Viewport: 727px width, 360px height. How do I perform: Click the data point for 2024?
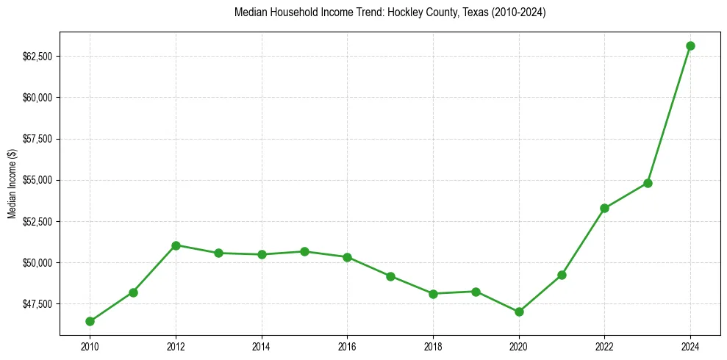[690, 46]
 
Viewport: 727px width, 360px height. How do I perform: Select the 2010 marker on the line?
[90, 321]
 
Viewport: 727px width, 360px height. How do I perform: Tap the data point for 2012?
[176, 245]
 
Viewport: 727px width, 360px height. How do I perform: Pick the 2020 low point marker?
[519, 312]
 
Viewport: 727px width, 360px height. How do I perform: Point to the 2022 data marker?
[604, 208]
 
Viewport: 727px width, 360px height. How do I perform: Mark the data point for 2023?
[648, 183]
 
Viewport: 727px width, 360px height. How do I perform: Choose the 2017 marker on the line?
[390, 276]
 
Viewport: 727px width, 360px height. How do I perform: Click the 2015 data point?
[304, 251]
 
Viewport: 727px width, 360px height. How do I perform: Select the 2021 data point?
[562, 275]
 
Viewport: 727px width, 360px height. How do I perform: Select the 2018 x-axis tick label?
[433, 345]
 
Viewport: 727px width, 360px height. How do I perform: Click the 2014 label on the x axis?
[261, 345]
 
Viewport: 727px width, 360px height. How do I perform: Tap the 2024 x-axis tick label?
[690, 345]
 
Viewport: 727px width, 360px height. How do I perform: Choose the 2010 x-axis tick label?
[90, 345]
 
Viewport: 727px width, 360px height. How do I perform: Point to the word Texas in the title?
[473, 12]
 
